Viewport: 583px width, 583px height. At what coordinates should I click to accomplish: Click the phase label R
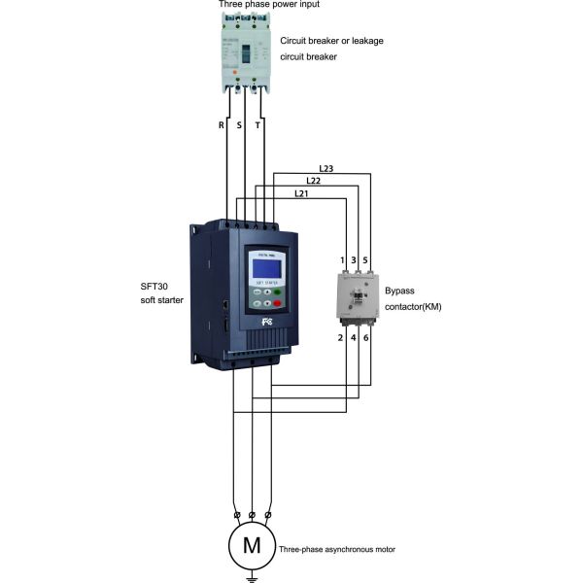pos(222,125)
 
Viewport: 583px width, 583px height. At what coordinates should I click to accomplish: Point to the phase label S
pos(239,125)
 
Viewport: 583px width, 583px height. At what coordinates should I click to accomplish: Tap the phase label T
pos(257,125)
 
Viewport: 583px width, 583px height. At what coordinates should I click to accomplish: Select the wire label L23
pos(326,169)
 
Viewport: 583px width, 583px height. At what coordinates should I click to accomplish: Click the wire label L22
pos(314,181)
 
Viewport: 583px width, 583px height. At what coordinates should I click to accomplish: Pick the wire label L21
pos(301,193)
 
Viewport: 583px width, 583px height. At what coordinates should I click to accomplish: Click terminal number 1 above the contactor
pos(341,260)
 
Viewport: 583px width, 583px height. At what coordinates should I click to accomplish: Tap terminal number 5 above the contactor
pos(365,260)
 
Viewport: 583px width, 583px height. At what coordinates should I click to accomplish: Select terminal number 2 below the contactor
pos(340,337)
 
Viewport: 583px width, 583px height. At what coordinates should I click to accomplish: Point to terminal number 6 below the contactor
pos(365,337)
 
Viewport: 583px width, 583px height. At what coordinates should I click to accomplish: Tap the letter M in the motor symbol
pos(252,545)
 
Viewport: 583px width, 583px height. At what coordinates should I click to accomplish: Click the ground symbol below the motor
pos(252,578)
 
